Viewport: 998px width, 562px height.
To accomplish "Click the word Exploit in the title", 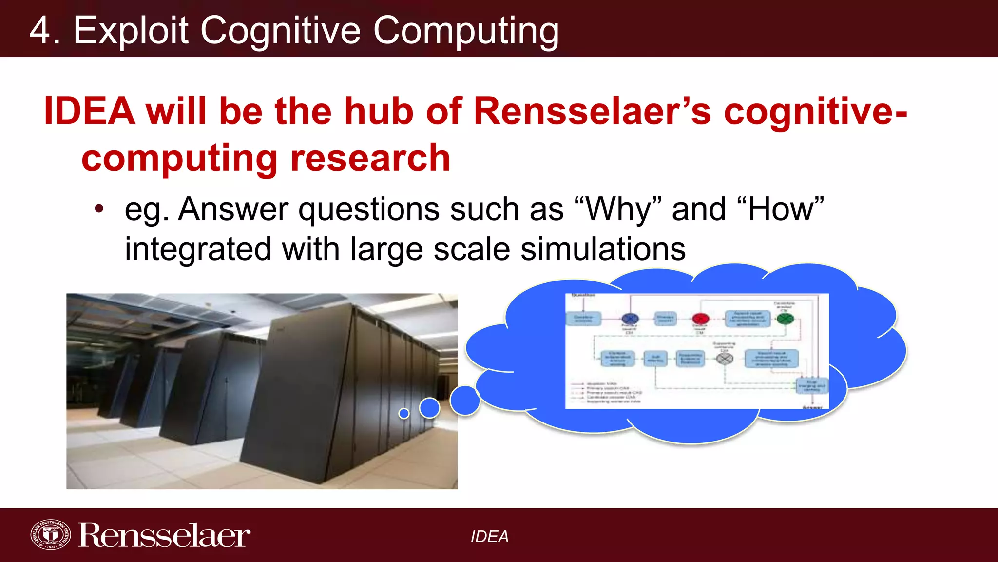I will (131, 30).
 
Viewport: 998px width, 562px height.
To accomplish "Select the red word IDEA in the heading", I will (89, 111).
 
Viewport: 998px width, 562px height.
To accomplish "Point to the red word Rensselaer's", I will (592, 111).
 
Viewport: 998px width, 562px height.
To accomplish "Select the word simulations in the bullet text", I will (603, 249).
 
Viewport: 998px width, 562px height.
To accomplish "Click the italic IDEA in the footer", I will (489, 537).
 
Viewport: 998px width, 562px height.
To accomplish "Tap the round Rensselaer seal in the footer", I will (50, 535).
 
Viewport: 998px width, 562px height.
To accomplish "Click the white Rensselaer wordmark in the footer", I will (164, 536).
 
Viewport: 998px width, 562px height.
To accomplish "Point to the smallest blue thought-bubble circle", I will (404, 413).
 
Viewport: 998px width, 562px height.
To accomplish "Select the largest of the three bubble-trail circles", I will (465, 401).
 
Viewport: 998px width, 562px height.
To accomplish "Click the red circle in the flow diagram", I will (700, 319).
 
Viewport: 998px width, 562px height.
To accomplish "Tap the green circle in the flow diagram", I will (785, 319).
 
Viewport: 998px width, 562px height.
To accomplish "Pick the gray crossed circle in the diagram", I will (725, 359).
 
